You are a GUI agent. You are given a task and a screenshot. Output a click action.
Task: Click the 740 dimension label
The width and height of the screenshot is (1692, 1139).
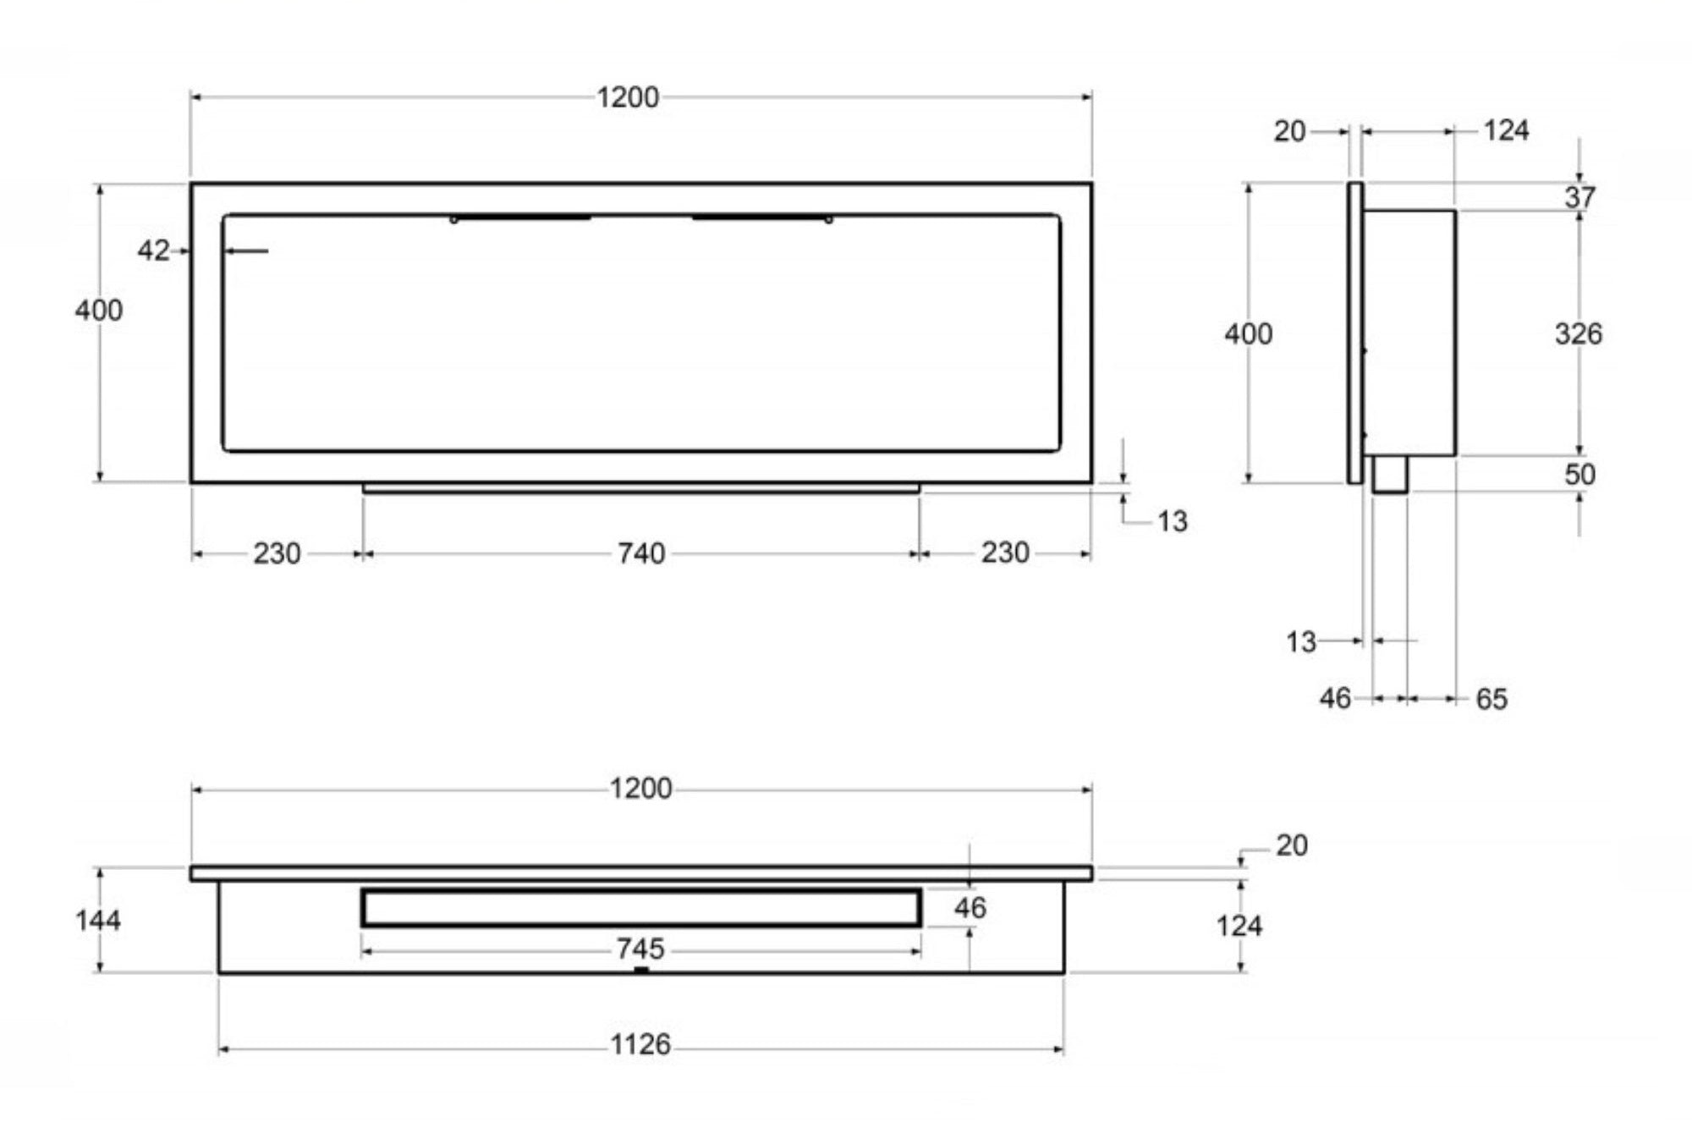tap(640, 553)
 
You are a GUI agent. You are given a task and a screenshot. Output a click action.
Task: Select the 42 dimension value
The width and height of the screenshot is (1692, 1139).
tap(153, 250)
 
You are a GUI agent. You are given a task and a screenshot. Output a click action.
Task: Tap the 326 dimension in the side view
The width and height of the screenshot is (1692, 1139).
tap(1578, 333)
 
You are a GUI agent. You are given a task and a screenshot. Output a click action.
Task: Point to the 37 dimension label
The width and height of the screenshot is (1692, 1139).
tap(1579, 197)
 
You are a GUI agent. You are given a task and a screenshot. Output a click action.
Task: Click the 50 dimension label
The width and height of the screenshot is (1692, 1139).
tap(1579, 474)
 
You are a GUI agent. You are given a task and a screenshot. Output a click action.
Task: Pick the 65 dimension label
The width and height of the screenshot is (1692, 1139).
tap(1491, 699)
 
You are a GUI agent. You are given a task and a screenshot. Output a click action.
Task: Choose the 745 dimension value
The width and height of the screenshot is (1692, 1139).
tap(640, 949)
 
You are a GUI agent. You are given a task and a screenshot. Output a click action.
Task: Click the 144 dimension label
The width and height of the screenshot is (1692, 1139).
tap(98, 920)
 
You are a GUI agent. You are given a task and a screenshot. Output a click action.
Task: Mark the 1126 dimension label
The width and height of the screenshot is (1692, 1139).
tap(640, 1045)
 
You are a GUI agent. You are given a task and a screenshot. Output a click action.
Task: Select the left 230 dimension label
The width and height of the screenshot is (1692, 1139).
tap(277, 553)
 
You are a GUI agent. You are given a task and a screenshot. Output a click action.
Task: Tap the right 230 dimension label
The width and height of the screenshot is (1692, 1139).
tap(1005, 553)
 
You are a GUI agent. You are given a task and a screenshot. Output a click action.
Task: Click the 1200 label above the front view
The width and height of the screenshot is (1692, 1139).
tap(628, 97)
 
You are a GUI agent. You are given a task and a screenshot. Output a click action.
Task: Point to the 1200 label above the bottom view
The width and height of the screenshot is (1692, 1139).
tap(640, 789)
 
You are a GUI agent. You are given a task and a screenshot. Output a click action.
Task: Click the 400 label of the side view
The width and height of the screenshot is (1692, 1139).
tap(1248, 334)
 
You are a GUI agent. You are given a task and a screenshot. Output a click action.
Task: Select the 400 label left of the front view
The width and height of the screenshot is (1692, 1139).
tap(98, 311)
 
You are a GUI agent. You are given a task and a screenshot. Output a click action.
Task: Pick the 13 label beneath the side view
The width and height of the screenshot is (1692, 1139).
tap(1301, 642)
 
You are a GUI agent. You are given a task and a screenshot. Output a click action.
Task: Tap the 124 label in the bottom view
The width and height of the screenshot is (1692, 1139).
tap(1239, 926)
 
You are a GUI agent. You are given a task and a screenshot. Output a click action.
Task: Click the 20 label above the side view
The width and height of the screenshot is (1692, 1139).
tap(1289, 131)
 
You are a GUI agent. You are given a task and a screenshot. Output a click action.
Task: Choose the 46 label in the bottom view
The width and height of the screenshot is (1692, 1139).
tap(970, 908)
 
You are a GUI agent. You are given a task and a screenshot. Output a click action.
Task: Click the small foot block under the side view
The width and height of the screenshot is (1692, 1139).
tap(1390, 474)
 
